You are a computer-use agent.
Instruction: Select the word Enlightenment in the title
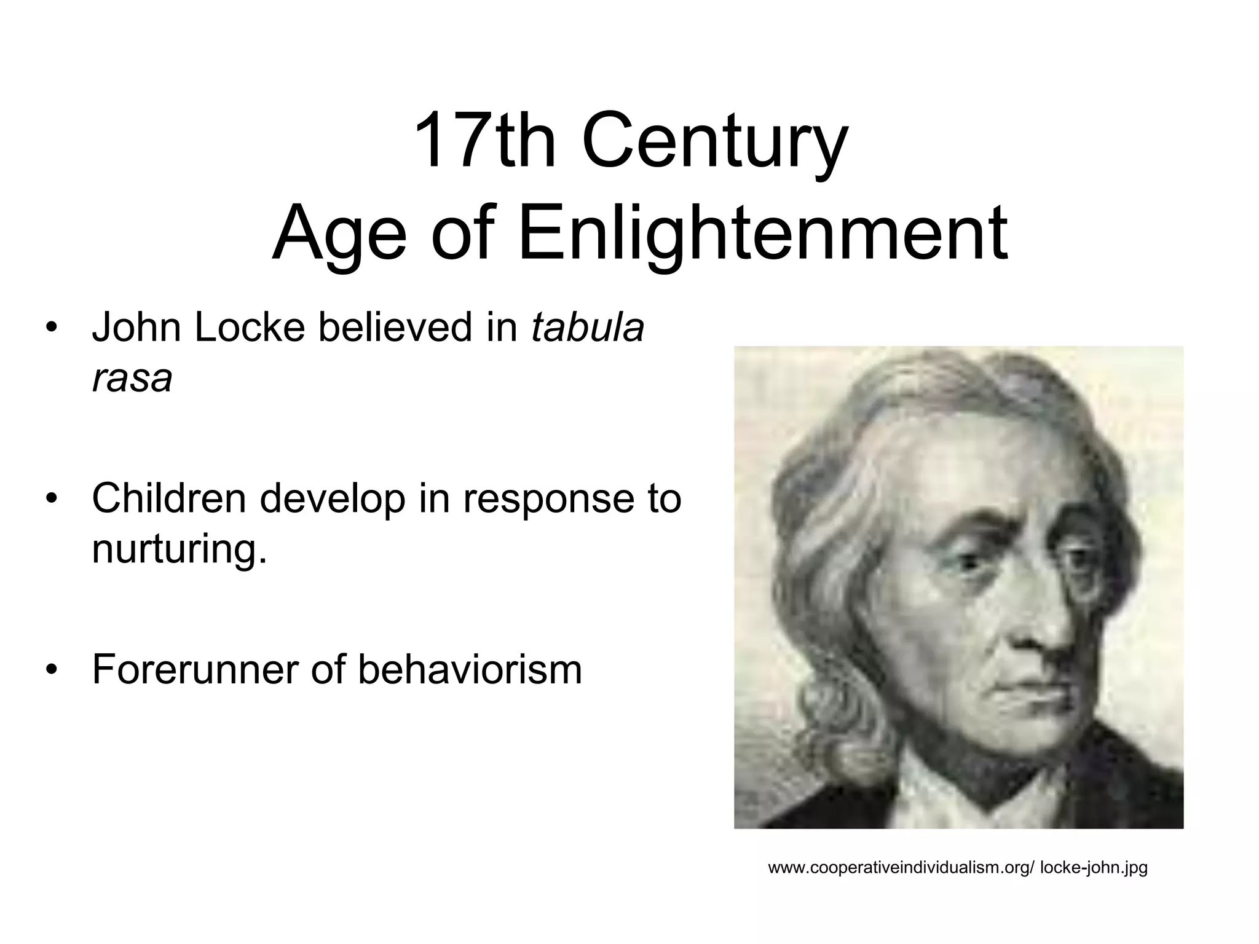click(x=762, y=234)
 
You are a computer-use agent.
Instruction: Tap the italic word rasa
click(x=132, y=379)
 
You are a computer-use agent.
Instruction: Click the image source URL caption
click(x=958, y=868)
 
